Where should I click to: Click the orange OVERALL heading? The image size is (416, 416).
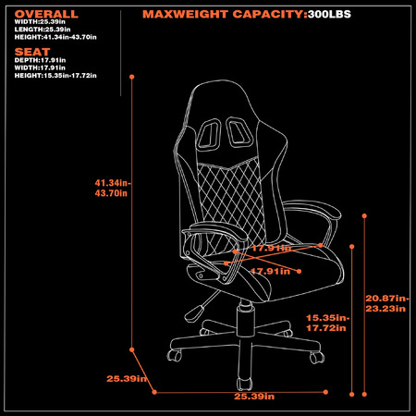[46, 14]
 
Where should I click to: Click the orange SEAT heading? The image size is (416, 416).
[32, 52]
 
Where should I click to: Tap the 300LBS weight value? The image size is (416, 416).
[329, 14]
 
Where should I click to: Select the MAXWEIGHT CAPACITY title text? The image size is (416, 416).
[225, 14]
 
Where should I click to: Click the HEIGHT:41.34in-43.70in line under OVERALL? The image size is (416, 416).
[55, 37]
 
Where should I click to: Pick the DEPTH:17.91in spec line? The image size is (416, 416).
[40, 60]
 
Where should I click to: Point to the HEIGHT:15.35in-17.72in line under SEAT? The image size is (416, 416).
[55, 76]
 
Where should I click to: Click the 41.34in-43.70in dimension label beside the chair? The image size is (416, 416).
[113, 188]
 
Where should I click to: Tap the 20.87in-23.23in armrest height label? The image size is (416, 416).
[387, 303]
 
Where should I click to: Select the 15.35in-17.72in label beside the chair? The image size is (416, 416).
[327, 323]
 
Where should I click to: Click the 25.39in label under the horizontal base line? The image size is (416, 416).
[254, 397]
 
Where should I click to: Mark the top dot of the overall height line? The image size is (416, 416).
[132, 77]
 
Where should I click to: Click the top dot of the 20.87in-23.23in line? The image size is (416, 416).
[364, 216]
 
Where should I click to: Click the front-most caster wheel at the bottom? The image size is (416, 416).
[245, 385]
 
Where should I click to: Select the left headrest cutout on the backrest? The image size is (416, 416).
[209, 134]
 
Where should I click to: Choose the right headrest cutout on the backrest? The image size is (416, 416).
[239, 132]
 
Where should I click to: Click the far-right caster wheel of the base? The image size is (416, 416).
[317, 358]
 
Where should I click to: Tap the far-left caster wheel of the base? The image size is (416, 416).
[175, 355]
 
